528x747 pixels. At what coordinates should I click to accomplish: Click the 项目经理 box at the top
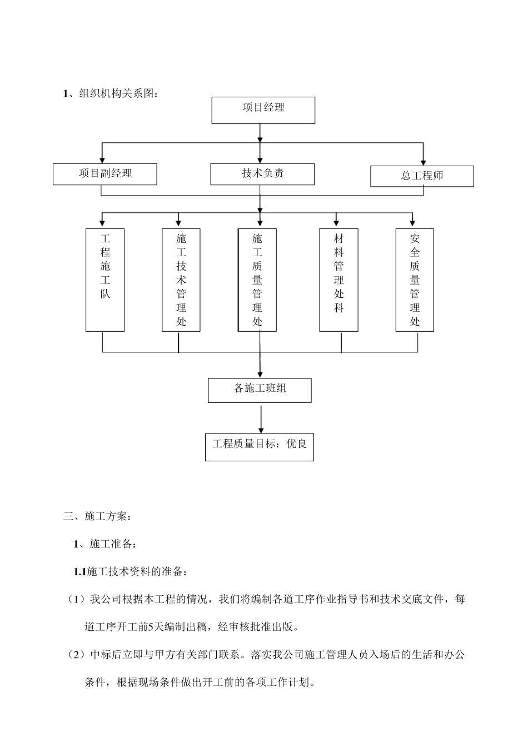point(263,110)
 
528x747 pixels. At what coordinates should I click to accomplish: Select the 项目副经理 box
point(104,174)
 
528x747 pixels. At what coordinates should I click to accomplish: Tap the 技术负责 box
point(262,174)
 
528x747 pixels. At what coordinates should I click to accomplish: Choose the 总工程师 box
point(422,176)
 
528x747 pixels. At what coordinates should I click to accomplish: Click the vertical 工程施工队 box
point(105,280)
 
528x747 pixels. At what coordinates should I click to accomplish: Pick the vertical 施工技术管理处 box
point(181,280)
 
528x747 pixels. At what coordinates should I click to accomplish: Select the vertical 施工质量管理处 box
point(257,280)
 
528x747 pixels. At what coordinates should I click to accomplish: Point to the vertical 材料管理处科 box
point(338,280)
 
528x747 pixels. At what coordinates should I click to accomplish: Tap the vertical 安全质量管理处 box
point(415,280)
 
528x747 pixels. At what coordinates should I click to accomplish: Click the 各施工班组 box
point(260,390)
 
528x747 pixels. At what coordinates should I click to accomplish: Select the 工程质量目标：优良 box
point(259,446)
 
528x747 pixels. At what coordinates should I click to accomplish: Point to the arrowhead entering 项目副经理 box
point(102,160)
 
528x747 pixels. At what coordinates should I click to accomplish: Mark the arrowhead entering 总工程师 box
point(424,162)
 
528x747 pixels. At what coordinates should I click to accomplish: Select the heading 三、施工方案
point(98,516)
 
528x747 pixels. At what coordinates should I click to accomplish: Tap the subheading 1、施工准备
point(104,544)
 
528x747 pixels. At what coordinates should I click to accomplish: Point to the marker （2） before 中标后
point(76,654)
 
